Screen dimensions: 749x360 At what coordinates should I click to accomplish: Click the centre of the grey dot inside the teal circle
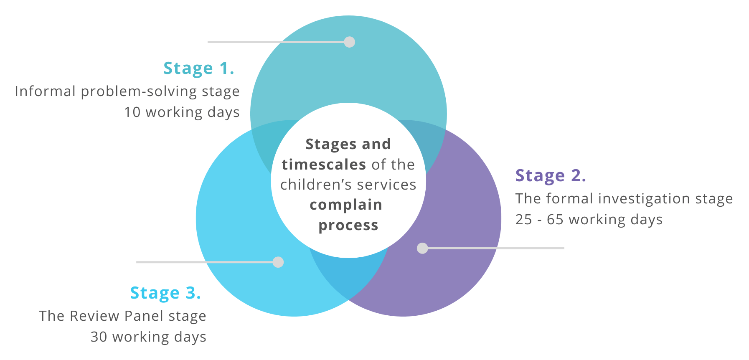(x=350, y=42)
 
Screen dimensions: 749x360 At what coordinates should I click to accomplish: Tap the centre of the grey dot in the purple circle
(x=422, y=248)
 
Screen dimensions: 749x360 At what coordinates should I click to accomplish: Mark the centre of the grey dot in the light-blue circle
(x=278, y=262)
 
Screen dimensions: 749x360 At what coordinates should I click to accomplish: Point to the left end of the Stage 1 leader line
(x=208, y=42)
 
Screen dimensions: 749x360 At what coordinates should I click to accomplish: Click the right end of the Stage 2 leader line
(x=564, y=248)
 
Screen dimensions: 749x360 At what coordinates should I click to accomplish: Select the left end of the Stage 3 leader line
(x=137, y=262)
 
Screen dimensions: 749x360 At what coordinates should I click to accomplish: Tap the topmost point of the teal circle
(x=348, y=15)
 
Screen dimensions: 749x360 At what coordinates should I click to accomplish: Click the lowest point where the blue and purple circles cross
(x=348, y=300)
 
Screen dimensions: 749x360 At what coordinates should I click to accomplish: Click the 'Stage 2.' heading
(x=551, y=176)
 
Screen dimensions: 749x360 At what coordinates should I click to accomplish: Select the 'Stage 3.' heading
(x=165, y=293)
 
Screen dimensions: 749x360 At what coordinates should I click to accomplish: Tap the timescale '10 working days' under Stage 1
(x=182, y=112)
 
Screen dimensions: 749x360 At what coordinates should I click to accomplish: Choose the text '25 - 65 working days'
(x=589, y=220)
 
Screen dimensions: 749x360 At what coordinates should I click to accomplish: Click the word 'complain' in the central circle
(x=346, y=205)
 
